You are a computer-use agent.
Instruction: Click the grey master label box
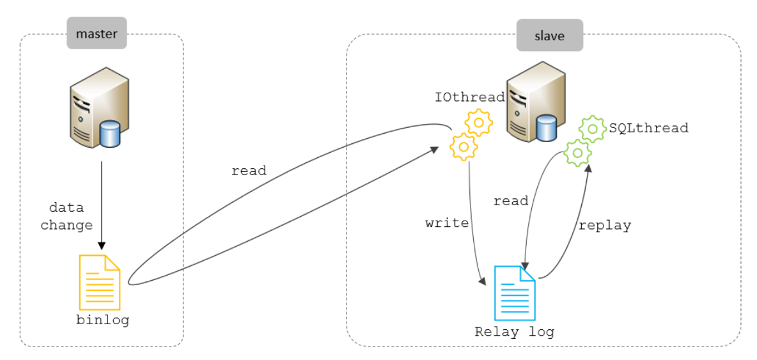point(97,33)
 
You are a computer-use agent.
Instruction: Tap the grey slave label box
point(550,35)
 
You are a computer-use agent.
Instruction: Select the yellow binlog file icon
point(100,282)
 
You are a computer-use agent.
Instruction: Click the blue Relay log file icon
point(515,293)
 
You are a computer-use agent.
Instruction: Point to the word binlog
point(103,320)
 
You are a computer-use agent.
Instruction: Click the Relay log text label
point(515,332)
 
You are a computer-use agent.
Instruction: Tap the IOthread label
point(469,97)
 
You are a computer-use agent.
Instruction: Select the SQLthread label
point(648,128)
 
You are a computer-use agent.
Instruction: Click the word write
point(446,223)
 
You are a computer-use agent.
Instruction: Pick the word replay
point(604,226)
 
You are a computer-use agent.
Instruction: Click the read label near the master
point(249,171)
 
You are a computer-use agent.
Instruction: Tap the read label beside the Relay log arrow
point(511,201)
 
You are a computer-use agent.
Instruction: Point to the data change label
point(66,217)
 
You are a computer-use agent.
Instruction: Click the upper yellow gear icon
point(478,122)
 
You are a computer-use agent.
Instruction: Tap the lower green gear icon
point(577,153)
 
